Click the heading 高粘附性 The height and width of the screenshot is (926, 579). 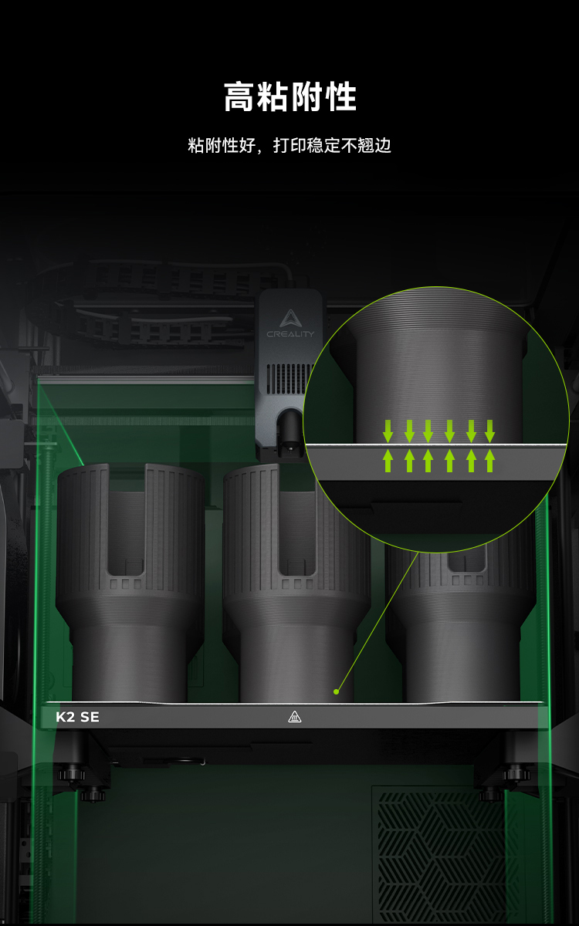pyautogui.click(x=290, y=96)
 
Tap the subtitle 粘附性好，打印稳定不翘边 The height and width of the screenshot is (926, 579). pyautogui.click(x=289, y=146)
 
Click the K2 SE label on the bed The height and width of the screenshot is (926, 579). pyautogui.click(x=77, y=717)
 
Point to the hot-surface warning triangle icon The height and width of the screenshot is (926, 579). pyautogui.click(x=294, y=717)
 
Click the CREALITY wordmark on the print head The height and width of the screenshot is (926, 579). pyautogui.click(x=290, y=334)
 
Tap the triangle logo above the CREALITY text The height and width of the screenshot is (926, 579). pyautogui.click(x=290, y=318)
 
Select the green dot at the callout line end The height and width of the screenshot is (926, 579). pyautogui.click(x=337, y=691)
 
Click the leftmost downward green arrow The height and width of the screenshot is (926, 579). pyautogui.click(x=388, y=431)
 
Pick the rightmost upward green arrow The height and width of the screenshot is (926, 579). pyautogui.click(x=489, y=461)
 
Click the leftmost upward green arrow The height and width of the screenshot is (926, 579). pyautogui.click(x=388, y=461)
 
